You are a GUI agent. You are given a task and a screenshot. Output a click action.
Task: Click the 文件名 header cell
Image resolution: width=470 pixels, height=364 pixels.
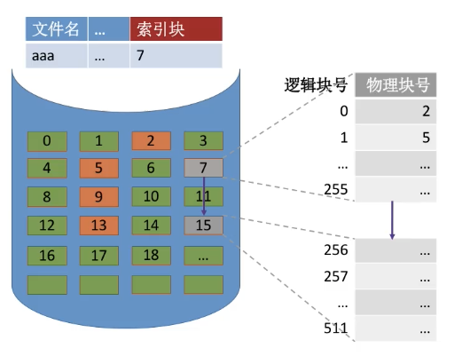[57, 28]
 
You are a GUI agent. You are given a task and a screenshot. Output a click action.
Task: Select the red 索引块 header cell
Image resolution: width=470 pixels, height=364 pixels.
[176, 28]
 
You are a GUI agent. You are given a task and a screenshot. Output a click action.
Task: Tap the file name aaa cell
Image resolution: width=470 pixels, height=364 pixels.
[57, 56]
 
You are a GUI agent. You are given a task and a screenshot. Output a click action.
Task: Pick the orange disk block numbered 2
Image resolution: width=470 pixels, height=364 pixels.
[151, 141]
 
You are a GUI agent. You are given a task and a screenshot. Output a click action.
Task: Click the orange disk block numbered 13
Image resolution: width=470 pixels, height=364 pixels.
[99, 226]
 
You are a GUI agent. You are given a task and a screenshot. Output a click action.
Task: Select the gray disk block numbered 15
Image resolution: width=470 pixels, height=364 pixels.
[204, 226]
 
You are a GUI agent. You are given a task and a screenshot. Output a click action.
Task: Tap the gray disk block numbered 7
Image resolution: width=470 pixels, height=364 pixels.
[204, 168]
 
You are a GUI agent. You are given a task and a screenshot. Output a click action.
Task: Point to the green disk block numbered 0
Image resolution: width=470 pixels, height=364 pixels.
[47, 141]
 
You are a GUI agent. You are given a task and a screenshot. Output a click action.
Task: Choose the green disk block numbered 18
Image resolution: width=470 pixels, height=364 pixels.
[151, 256]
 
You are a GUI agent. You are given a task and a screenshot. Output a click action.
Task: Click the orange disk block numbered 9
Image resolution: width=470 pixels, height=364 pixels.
[99, 197]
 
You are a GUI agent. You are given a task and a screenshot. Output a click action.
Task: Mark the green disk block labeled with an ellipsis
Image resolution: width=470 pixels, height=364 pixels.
[204, 256]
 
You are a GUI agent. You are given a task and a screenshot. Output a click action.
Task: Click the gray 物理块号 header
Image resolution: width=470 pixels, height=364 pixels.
[396, 85]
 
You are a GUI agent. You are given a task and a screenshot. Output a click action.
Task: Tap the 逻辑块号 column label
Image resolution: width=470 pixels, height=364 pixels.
[316, 85]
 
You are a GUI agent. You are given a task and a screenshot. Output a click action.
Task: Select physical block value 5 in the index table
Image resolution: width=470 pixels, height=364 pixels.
[426, 138]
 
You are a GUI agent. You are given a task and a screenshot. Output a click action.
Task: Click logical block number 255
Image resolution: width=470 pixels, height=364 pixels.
[336, 189]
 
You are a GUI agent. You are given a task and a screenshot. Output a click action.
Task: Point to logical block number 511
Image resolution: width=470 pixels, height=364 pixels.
[336, 328]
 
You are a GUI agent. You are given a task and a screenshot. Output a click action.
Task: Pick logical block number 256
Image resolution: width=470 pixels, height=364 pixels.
[336, 250]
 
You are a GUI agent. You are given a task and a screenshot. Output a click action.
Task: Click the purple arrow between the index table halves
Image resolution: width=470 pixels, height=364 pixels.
[392, 220]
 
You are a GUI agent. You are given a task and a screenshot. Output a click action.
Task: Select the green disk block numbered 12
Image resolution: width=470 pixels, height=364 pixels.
[47, 226]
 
